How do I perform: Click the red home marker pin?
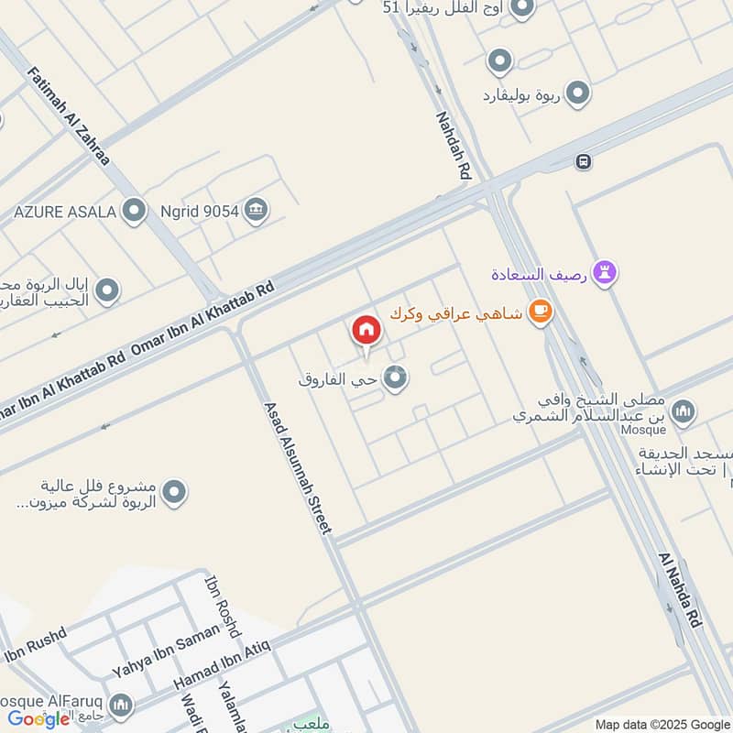coord(366,331)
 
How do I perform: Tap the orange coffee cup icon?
coord(541,313)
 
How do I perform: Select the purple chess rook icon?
coord(604,272)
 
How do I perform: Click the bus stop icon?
coord(583,162)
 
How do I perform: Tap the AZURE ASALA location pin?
coord(134,212)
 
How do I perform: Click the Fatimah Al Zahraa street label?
coord(69,115)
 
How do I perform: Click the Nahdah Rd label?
coord(454,144)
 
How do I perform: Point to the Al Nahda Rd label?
coord(680,590)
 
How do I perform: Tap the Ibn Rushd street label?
coord(37,645)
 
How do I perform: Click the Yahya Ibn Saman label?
coord(166,650)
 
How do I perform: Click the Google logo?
coord(38,719)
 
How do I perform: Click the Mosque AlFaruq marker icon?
coord(120,706)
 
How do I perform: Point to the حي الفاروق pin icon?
coord(395,377)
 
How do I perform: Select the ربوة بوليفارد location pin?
coord(577,93)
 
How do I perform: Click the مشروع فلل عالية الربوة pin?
coord(174,493)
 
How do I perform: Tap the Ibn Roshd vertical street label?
coord(221,607)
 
